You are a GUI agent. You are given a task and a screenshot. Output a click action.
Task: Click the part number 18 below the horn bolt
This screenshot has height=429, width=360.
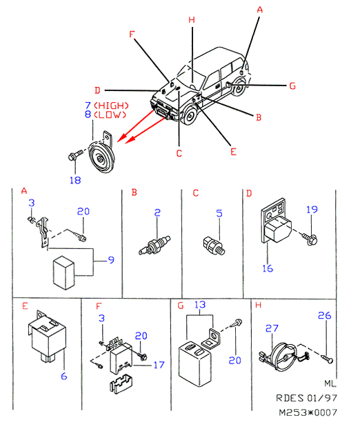point(75,180)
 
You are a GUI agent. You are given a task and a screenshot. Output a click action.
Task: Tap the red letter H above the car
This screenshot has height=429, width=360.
point(192,20)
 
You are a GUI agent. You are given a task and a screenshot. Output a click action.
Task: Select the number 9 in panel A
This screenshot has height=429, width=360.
point(111,259)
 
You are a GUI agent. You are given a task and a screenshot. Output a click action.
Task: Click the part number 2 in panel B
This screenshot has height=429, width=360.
point(157,213)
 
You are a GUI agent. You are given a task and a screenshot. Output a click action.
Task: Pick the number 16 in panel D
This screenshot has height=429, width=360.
point(268,268)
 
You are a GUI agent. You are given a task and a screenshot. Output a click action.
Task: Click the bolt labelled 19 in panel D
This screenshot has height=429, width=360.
point(310,239)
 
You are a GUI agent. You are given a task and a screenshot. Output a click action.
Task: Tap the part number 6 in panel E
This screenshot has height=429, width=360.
point(64,376)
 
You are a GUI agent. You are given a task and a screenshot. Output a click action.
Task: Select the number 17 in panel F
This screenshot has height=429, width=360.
point(159,365)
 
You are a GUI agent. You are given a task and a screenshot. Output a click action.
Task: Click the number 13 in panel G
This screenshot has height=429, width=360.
point(200,305)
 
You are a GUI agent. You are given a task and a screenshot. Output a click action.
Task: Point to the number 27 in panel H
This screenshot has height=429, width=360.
point(272,328)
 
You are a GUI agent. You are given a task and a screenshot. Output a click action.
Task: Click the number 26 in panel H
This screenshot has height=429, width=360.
point(324,315)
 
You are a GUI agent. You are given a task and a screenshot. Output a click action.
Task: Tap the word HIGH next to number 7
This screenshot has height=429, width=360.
point(111,106)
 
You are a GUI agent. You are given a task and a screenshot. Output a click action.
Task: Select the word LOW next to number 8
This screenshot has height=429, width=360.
point(110,114)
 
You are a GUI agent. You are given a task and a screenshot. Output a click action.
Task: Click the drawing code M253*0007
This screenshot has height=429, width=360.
point(308,412)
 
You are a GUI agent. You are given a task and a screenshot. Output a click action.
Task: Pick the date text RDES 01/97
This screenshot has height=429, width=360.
point(306,398)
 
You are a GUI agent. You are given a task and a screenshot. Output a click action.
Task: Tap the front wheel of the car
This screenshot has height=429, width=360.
point(190,117)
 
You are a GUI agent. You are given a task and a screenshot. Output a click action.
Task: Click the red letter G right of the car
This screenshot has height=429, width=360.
point(292,86)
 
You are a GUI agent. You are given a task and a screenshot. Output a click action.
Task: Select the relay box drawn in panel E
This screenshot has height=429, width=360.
point(47,337)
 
